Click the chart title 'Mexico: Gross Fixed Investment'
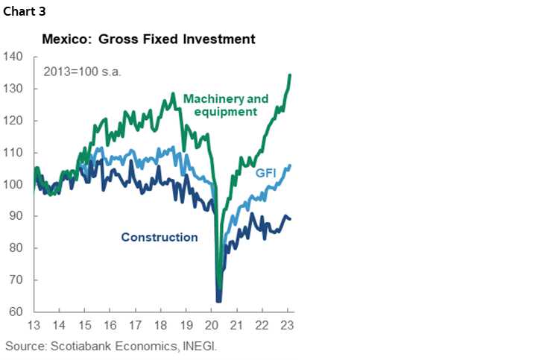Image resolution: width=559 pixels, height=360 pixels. point(149,38)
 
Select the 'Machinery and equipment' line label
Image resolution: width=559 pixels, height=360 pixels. point(220,105)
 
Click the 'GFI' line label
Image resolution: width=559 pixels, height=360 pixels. point(266,173)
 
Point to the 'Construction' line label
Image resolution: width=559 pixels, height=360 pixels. point(160,237)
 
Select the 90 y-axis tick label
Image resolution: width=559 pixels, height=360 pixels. point(16,216)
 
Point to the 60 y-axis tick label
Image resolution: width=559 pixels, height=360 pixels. point(16,312)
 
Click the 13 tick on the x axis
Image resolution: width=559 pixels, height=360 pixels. point(34,326)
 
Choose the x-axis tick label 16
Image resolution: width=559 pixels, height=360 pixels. point(110,326)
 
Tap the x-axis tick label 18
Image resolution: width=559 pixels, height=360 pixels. point(161,326)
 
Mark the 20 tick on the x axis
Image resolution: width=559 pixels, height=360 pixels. point(212,326)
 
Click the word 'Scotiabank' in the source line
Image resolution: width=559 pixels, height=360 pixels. point(81,347)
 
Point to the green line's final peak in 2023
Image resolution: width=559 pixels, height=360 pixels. point(290,75)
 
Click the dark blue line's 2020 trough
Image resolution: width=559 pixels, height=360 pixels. point(219,300)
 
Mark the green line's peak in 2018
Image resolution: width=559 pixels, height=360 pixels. point(173,94)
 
